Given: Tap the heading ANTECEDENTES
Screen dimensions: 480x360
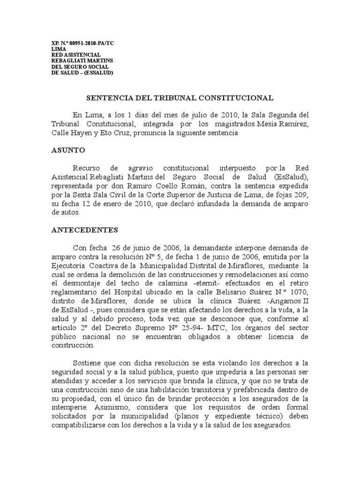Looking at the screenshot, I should tap(84, 230).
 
